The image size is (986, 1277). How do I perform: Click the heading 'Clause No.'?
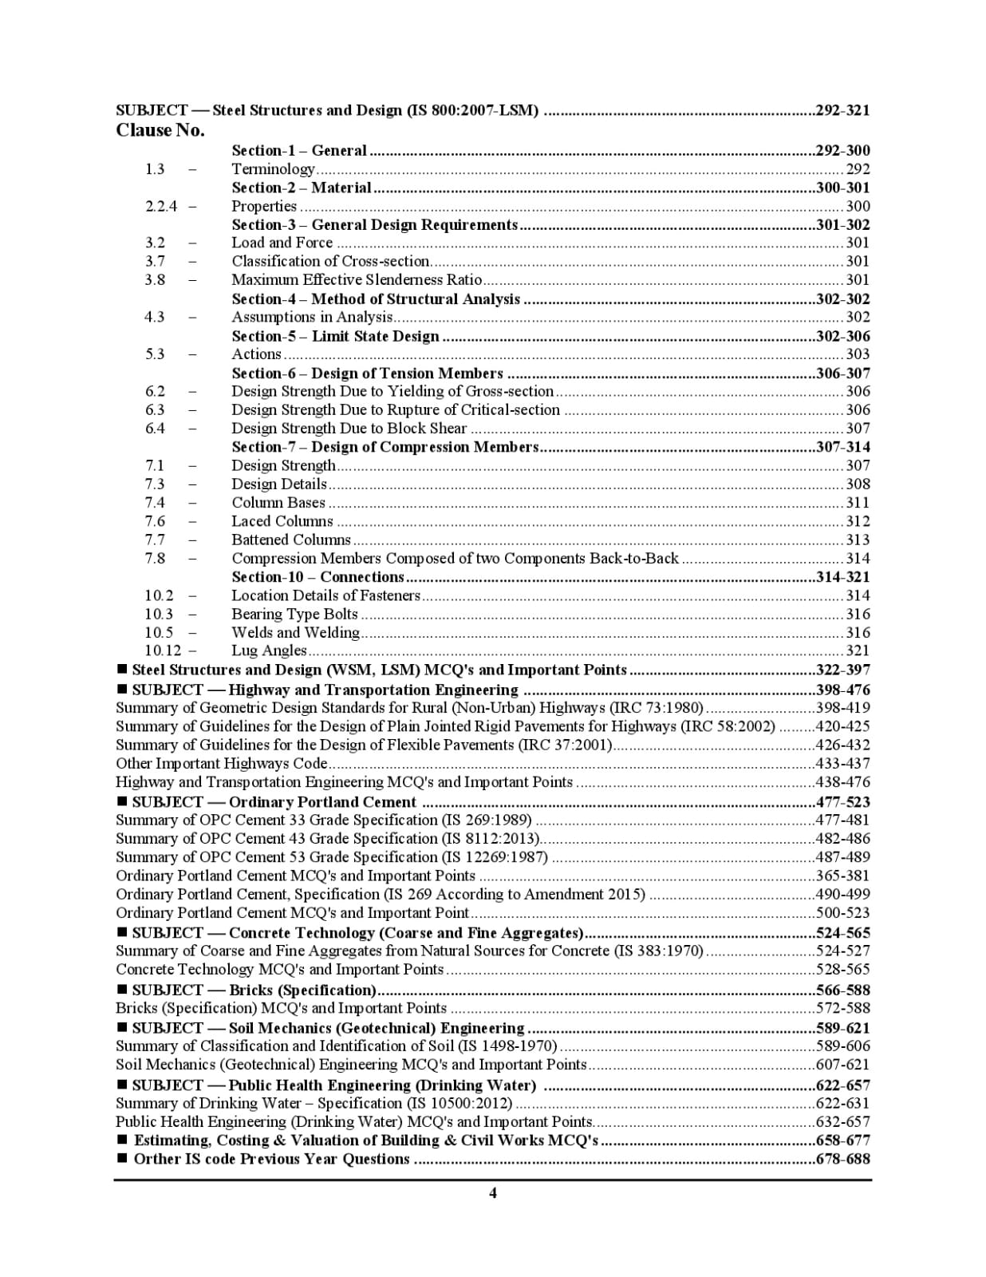pos(160,130)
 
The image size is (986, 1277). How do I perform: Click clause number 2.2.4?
pos(161,206)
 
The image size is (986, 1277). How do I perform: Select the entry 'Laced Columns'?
pos(282,521)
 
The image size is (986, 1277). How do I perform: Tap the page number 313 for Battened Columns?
pos(858,540)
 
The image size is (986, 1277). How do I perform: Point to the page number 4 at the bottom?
pos(493,1193)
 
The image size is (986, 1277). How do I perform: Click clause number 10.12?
pos(163,650)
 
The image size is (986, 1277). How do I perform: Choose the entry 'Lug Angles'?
pos(269,650)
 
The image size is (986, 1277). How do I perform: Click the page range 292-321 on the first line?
pos(842,110)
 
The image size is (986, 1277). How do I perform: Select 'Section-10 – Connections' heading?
pos(317,577)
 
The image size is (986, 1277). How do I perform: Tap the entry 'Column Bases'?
pos(278,503)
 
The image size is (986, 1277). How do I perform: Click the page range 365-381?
pos(842,876)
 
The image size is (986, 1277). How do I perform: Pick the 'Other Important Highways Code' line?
pos(222,764)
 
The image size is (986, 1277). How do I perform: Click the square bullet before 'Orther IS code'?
pos(123,1158)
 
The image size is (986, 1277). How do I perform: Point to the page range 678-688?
pos(842,1159)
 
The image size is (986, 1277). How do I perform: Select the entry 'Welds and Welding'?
pos(295,632)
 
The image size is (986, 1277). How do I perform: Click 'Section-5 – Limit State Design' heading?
pos(335,336)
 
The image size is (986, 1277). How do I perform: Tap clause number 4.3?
pos(155,317)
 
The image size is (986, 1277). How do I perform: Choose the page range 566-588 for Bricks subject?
pos(842,990)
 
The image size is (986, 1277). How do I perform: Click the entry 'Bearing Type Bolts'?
pos(294,614)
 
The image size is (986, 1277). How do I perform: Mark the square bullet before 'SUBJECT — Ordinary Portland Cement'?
pos(123,801)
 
